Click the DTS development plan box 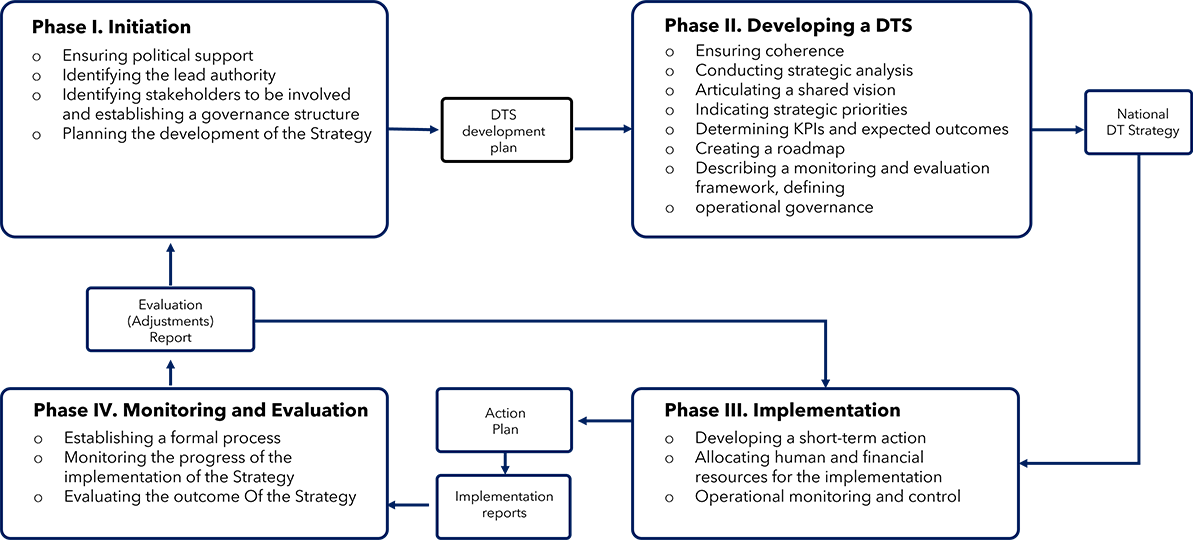pos(507,130)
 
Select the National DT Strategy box pos(1138,122)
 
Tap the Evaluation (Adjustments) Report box pos(170,320)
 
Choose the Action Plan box pos(505,421)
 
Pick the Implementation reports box pos(504,506)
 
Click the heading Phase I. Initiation pos(111,27)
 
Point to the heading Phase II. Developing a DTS pos(788,25)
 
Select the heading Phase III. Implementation pos(782,410)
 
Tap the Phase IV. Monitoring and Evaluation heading pos(200,410)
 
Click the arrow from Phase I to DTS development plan pos(413,129)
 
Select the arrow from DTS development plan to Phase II pos(603,129)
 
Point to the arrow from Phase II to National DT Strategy pos(1058,130)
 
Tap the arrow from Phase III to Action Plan pos(605,421)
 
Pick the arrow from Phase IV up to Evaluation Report pos(170,373)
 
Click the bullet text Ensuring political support pos(158,55)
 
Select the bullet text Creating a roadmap pos(770,148)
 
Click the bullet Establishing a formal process pos(172,438)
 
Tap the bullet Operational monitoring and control pos(828,497)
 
